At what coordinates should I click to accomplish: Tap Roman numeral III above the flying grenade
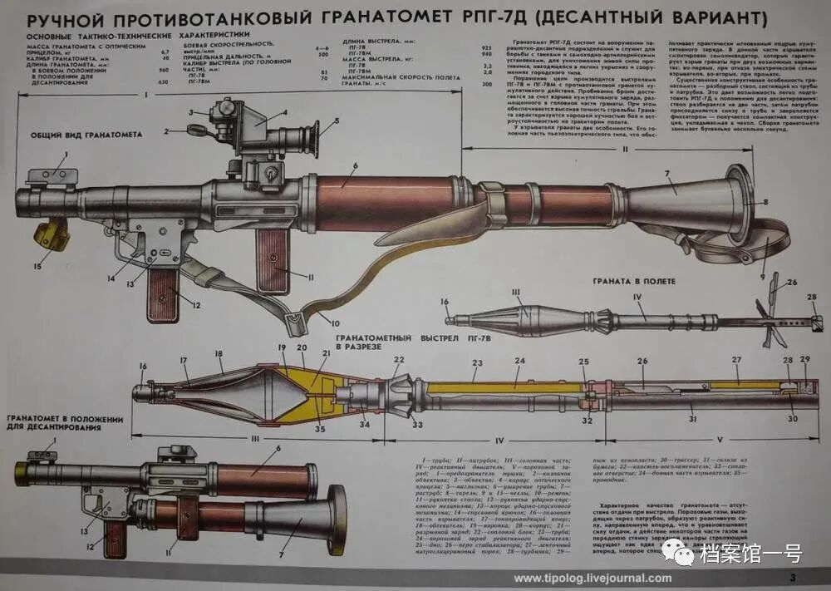514,291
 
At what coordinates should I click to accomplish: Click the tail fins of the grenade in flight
774,320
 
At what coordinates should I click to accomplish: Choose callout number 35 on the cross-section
320,429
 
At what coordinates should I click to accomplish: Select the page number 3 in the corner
793,577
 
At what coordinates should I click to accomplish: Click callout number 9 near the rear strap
762,276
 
